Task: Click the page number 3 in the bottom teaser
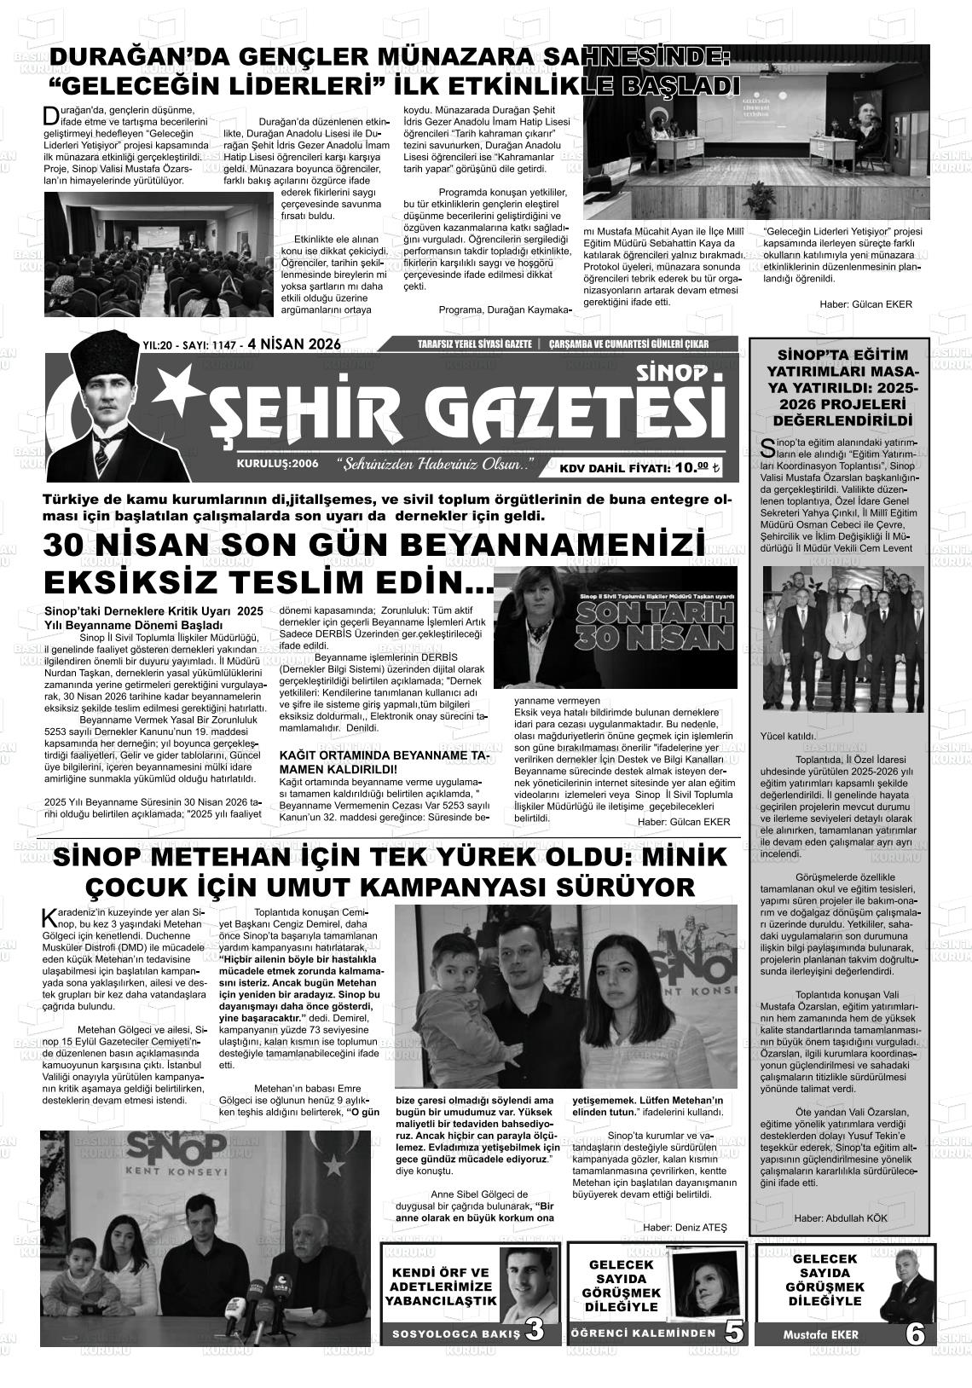tap(535, 1330)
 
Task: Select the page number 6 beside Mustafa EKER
tap(915, 1333)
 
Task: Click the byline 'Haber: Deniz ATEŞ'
tap(685, 1227)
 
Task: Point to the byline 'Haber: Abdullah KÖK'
tap(840, 1218)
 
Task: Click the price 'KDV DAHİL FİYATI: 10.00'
tap(639, 467)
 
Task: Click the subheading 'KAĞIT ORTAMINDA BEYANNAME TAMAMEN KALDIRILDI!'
tap(384, 761)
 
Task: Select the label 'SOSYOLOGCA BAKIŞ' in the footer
tap(455, 1334)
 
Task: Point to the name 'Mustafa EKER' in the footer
tap(820, 1334)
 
